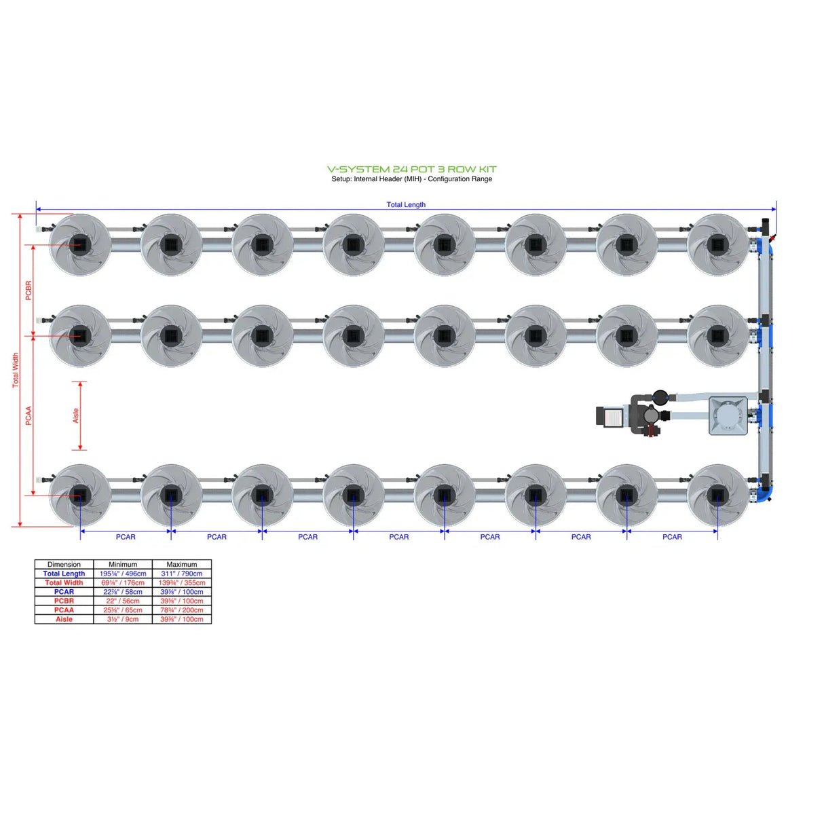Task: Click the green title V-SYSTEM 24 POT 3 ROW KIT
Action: [x=411, y=169]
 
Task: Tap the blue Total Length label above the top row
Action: [x=406, y=204]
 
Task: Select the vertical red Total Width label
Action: [x=16, y=370]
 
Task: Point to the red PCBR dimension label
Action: [x=29, y=291]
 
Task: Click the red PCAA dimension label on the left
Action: [x=29, y=416]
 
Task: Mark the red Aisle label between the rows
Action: [x=75, y=415]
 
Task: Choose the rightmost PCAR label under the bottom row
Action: [x=672, y=537]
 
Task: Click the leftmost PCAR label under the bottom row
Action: [x=126, y=537]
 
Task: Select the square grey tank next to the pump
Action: [x=728, y=415]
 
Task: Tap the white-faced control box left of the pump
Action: [x=612, y=417]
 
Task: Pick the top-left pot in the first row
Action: [x=80, y=244]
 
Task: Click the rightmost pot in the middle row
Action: [x=717, y=335]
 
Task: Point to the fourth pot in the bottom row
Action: [x=353, y=495]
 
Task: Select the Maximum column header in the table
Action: [x=181, y=564]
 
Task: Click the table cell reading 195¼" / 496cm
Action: [x=123, y=574]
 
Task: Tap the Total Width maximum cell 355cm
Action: [x=181, y=582]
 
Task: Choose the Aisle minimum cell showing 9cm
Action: [x=123, y=619]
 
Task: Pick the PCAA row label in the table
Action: [x=64, y=610]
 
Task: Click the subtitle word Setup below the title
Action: [x=341, y=179]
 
